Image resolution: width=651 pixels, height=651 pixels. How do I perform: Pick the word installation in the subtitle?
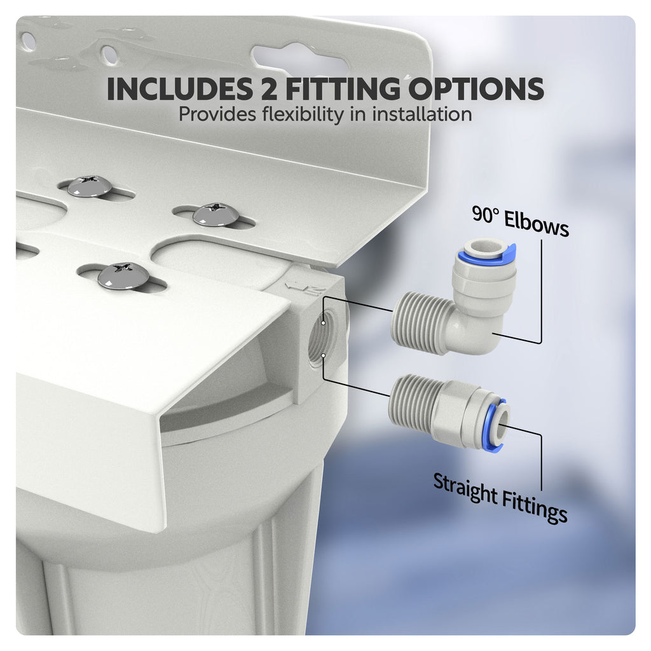(x=416, y=114)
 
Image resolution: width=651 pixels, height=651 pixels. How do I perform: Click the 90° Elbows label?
(x=520, y=222)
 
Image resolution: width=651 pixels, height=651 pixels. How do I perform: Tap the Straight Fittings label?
(x=500, y=497)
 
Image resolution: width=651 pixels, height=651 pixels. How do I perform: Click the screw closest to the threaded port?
(x=124, y=276)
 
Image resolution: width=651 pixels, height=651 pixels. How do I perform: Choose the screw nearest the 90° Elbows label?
(x=216, y=214)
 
